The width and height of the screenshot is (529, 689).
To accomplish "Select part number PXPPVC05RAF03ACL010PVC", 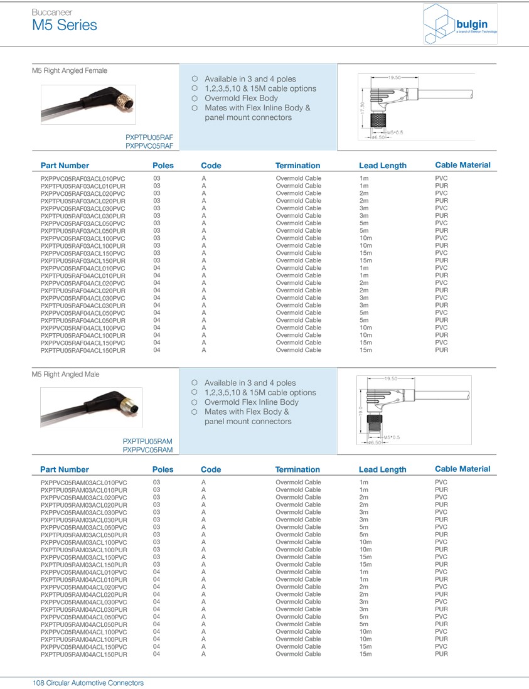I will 83,179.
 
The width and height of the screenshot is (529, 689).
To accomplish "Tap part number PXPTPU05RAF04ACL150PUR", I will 83,350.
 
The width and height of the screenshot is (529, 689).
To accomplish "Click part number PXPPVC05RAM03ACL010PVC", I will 83,483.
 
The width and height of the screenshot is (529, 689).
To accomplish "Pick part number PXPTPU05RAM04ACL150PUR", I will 83,654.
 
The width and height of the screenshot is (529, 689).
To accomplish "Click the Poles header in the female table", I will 163,166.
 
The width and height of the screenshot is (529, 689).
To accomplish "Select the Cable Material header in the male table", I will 462,469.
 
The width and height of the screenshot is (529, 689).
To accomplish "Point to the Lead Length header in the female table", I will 382,166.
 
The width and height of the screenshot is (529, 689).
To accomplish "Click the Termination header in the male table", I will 297,469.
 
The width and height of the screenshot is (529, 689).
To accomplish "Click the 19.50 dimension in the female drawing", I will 394,77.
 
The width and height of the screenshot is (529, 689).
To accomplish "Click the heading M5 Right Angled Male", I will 65,375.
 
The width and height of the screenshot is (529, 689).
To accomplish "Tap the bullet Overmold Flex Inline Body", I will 251,402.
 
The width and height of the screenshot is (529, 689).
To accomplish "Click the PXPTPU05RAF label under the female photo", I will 149,137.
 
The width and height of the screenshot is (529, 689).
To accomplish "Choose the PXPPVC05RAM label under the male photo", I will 147,450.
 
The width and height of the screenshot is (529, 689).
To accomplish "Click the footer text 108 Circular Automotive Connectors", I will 88,683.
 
